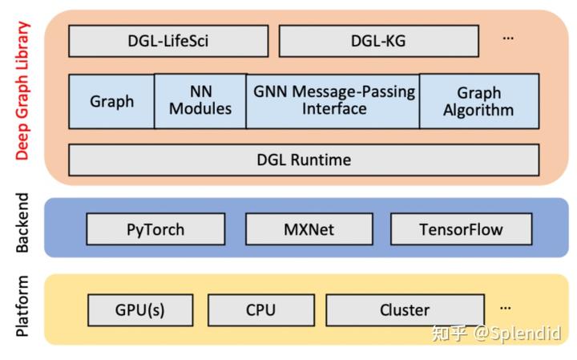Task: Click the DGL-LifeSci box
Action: coord(168,41)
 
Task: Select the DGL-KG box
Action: coord(378,41)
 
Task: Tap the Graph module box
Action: coord(111,101)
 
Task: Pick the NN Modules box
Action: coord(200,101)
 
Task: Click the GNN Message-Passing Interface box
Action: coord(333,101)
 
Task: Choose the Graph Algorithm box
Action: coord(478,101)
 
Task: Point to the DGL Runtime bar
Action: coord(304,160)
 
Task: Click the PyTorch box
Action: coord(155,229)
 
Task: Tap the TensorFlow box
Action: coord(461,229)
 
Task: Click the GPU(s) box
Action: coord(139,309)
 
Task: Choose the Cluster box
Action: coord(405,309)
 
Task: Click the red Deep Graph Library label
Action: coord(22,91)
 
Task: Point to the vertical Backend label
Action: coord(22,223)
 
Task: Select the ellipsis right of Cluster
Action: coord(505,307)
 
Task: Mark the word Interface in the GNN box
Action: coord(333,109)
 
